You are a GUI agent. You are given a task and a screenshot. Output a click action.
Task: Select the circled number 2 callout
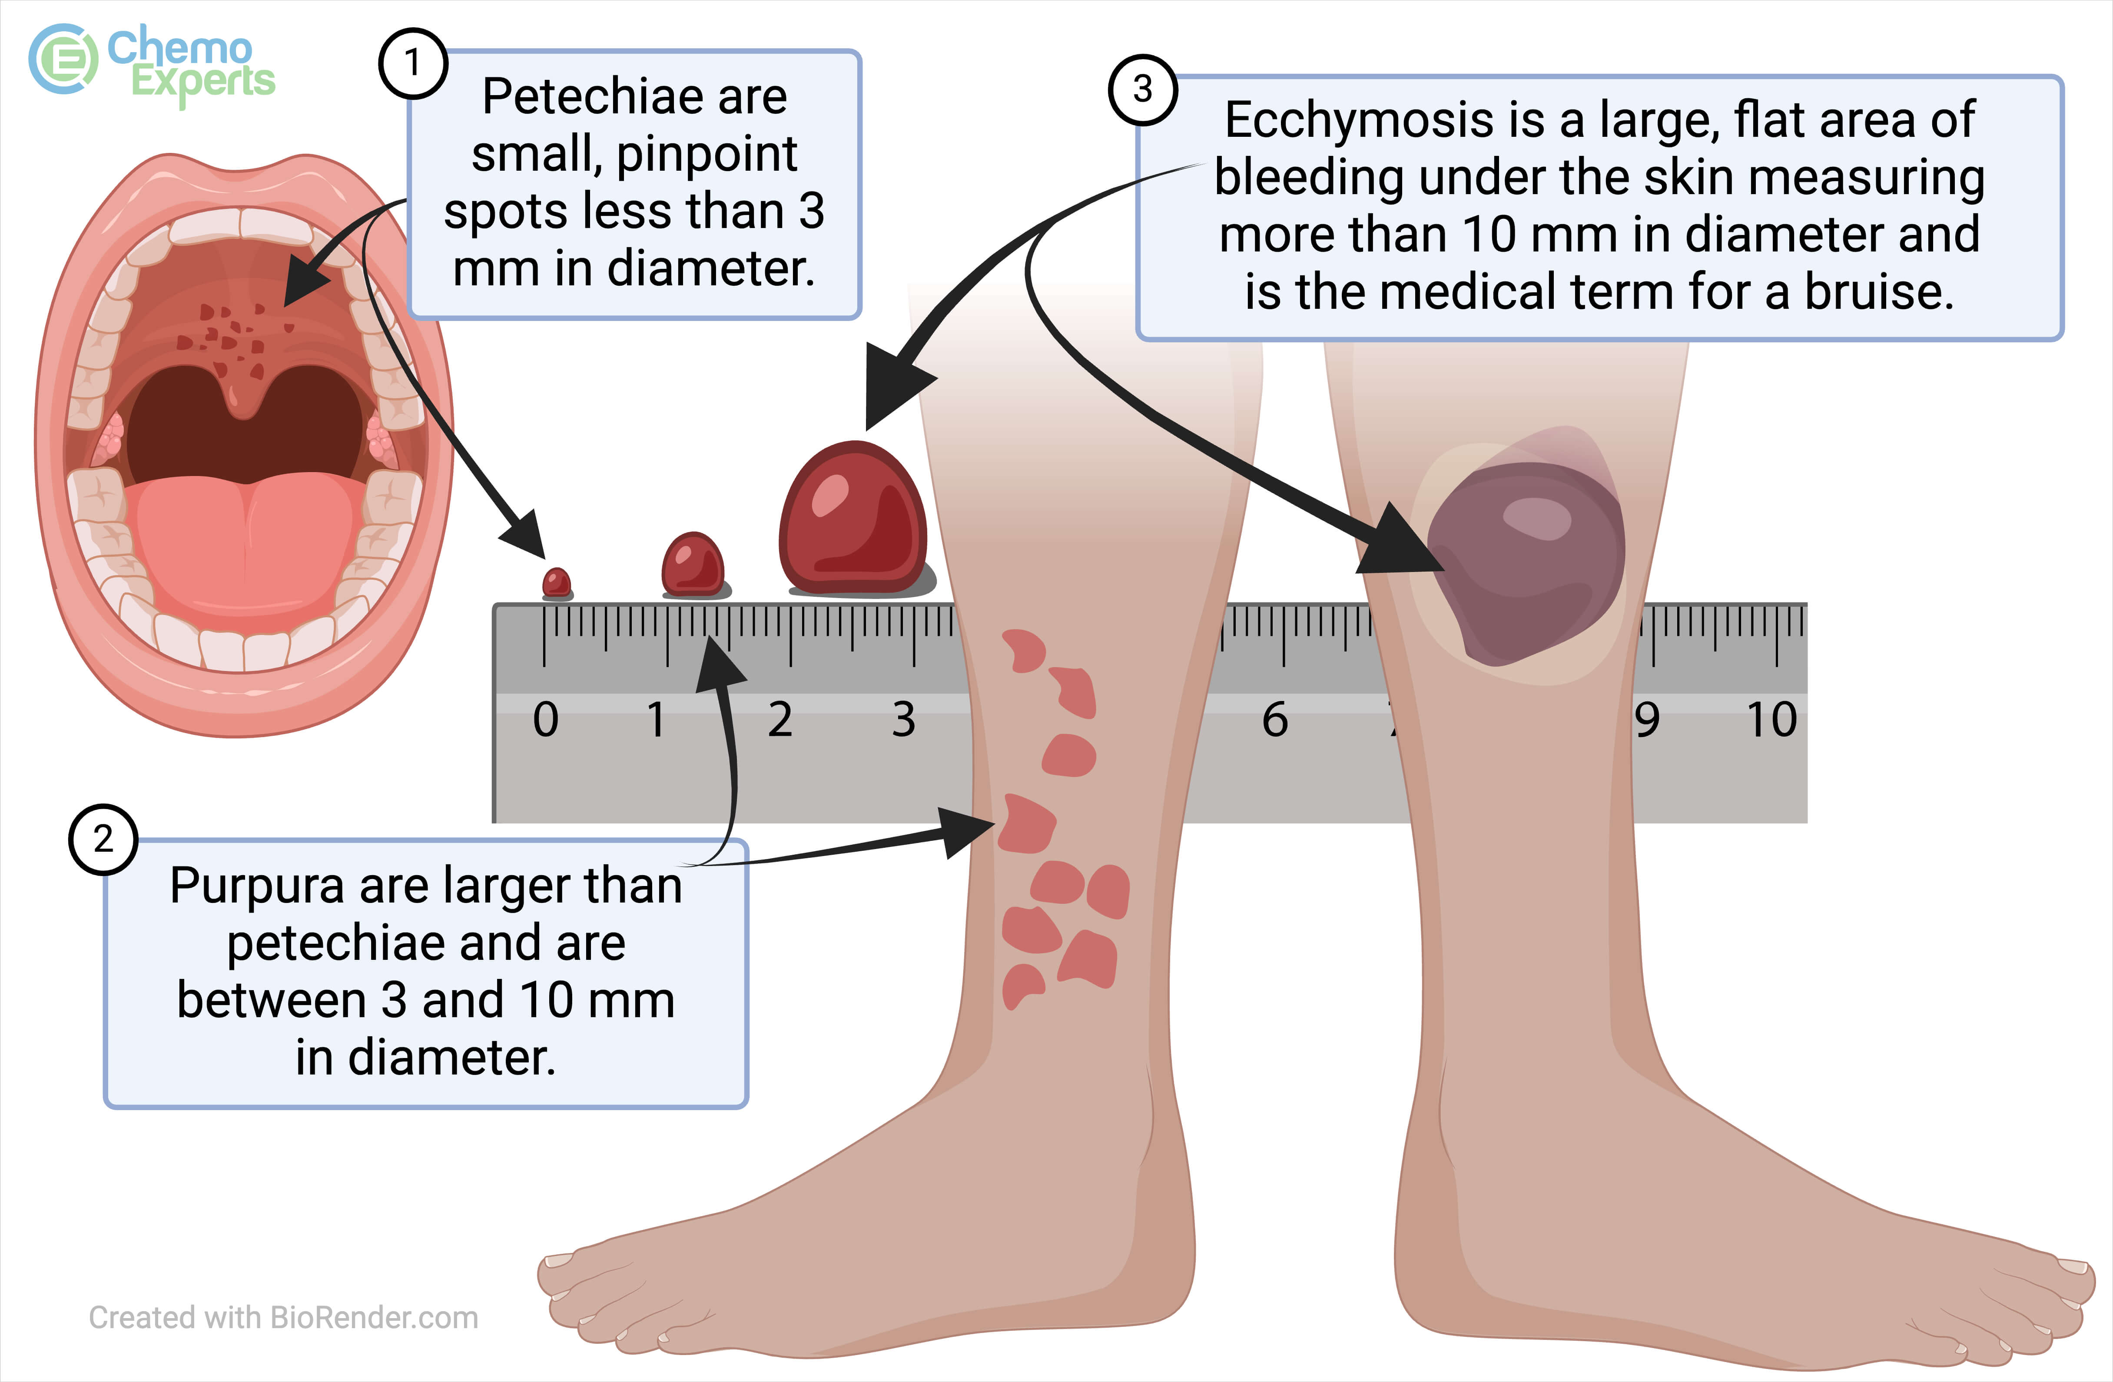pyautogui.click(x=103, y=839)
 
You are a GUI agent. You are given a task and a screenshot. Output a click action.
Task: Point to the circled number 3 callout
pyautogui.click(x=1143, y=89)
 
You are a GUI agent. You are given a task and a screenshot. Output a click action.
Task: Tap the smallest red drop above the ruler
pyautogui.click(x=557, y=583)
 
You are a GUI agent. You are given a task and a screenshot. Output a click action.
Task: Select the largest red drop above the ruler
pyautogui.click(x=852, y=519)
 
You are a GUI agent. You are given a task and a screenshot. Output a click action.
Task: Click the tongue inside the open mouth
pyautogui.click(x=244, y=542)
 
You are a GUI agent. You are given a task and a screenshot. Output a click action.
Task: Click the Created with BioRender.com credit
pyautogui.click(x=283, y=1317)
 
